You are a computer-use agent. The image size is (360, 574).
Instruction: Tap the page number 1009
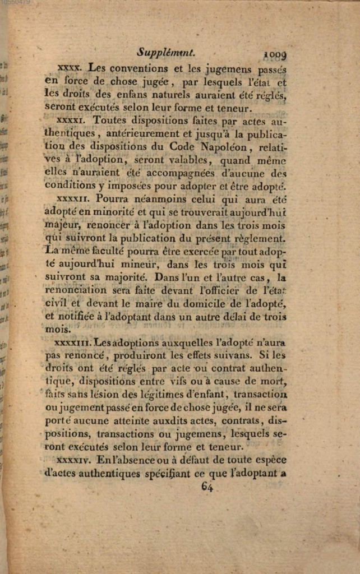tap(275, 54)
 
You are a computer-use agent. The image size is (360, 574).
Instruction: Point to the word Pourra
tap(112, 198)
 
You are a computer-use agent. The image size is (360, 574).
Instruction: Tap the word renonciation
tap(76, 290)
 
